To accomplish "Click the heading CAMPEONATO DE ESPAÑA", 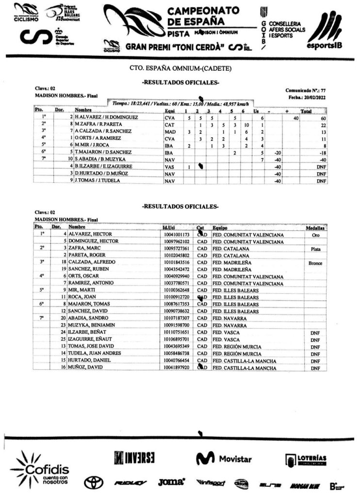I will coord(203,16).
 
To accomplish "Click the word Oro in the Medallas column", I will coord(313,235).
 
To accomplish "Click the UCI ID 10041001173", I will coord(177,235).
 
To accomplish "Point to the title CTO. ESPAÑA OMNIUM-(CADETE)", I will coord(180,68).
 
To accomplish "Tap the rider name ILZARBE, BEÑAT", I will coord(86,332).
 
